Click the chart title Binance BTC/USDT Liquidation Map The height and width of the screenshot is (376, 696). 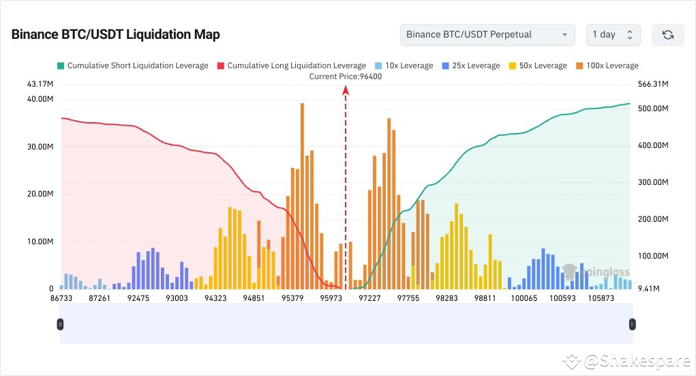[x=115, y=35]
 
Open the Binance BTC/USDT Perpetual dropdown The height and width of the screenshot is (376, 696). [x=487, y=35]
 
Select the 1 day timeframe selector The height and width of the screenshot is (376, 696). [x=613, y=35]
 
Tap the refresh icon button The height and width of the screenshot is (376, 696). [x=667, y=35]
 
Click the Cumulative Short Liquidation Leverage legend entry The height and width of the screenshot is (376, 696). [x=133, y=66]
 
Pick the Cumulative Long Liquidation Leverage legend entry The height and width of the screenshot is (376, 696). [x=291, y=66]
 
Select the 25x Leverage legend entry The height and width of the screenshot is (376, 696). [x=470, y=66]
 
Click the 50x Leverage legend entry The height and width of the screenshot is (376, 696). [x=537, y=66]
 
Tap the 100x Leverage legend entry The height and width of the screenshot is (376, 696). [x=607, y=66]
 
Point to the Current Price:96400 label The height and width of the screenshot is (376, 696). [x=345, y=76]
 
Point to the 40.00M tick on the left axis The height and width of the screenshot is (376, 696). [x=40, y=99]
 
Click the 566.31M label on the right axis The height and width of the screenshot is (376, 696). [x=651, y=84]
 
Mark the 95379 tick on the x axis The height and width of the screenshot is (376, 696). [x=292, y=298]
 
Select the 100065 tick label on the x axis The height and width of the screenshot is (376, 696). [x=524, y=298]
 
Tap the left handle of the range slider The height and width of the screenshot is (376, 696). [x=60, y=324]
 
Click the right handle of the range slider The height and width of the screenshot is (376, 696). [x=633, y=324]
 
